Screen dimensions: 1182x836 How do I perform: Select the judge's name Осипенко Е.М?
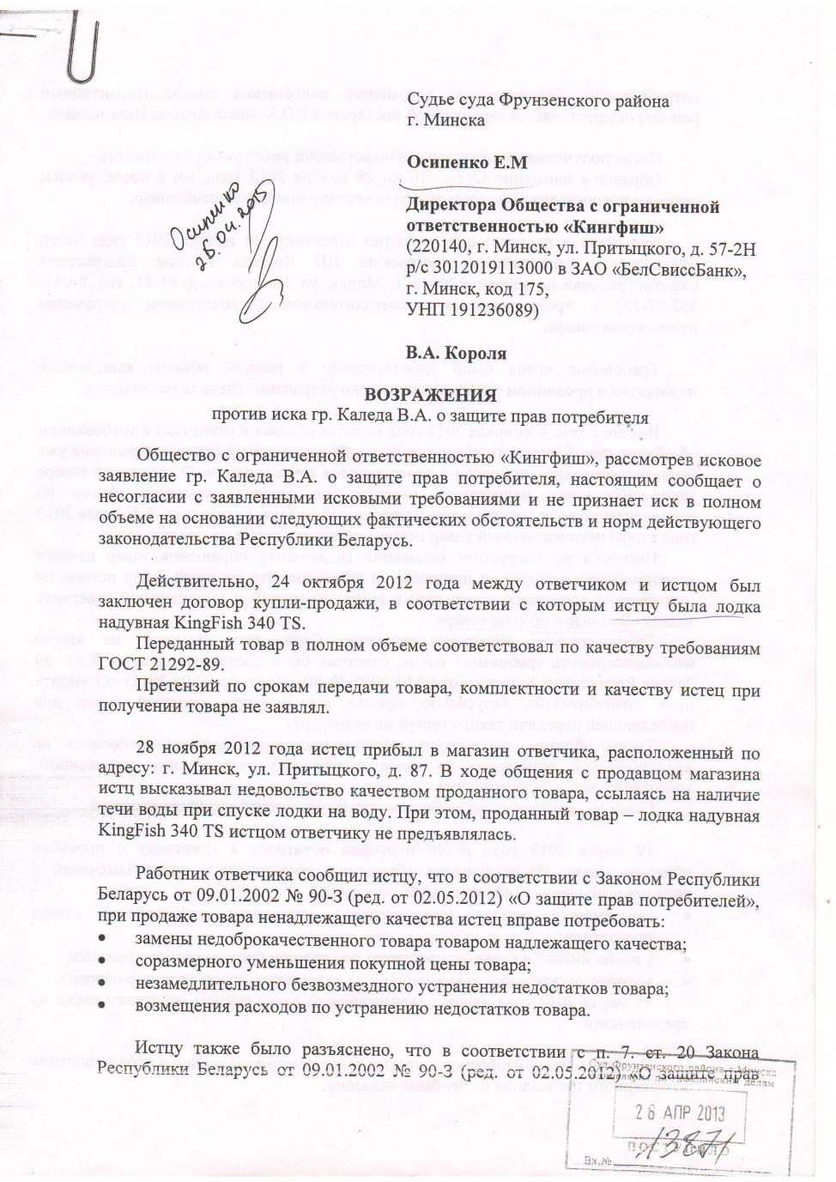[x=468, y=161]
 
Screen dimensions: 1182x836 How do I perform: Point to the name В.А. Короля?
[x=456, y=353]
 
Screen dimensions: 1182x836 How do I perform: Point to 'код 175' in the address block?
[x=508, y=288]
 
